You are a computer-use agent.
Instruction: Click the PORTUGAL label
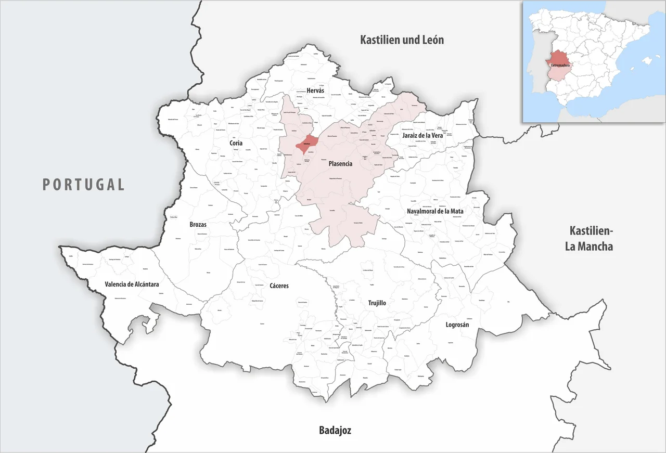(84, 184)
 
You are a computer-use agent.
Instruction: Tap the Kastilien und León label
(402, 40)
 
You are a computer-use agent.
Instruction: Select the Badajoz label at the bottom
(335, 431)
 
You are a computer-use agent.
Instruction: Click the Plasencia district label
(340, 163)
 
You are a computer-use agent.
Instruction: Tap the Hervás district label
(315, 90)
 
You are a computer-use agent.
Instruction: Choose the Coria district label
(236, 143)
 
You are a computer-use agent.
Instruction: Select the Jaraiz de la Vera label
(422, 135)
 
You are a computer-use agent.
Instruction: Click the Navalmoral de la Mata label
(435, 211)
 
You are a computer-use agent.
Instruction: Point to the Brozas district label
(198, 225)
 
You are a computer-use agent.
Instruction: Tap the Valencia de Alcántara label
(132, 284)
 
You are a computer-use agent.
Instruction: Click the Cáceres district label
(279, 286)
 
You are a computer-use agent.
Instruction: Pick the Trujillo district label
(377, 303)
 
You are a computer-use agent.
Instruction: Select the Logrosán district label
(457, 325)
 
